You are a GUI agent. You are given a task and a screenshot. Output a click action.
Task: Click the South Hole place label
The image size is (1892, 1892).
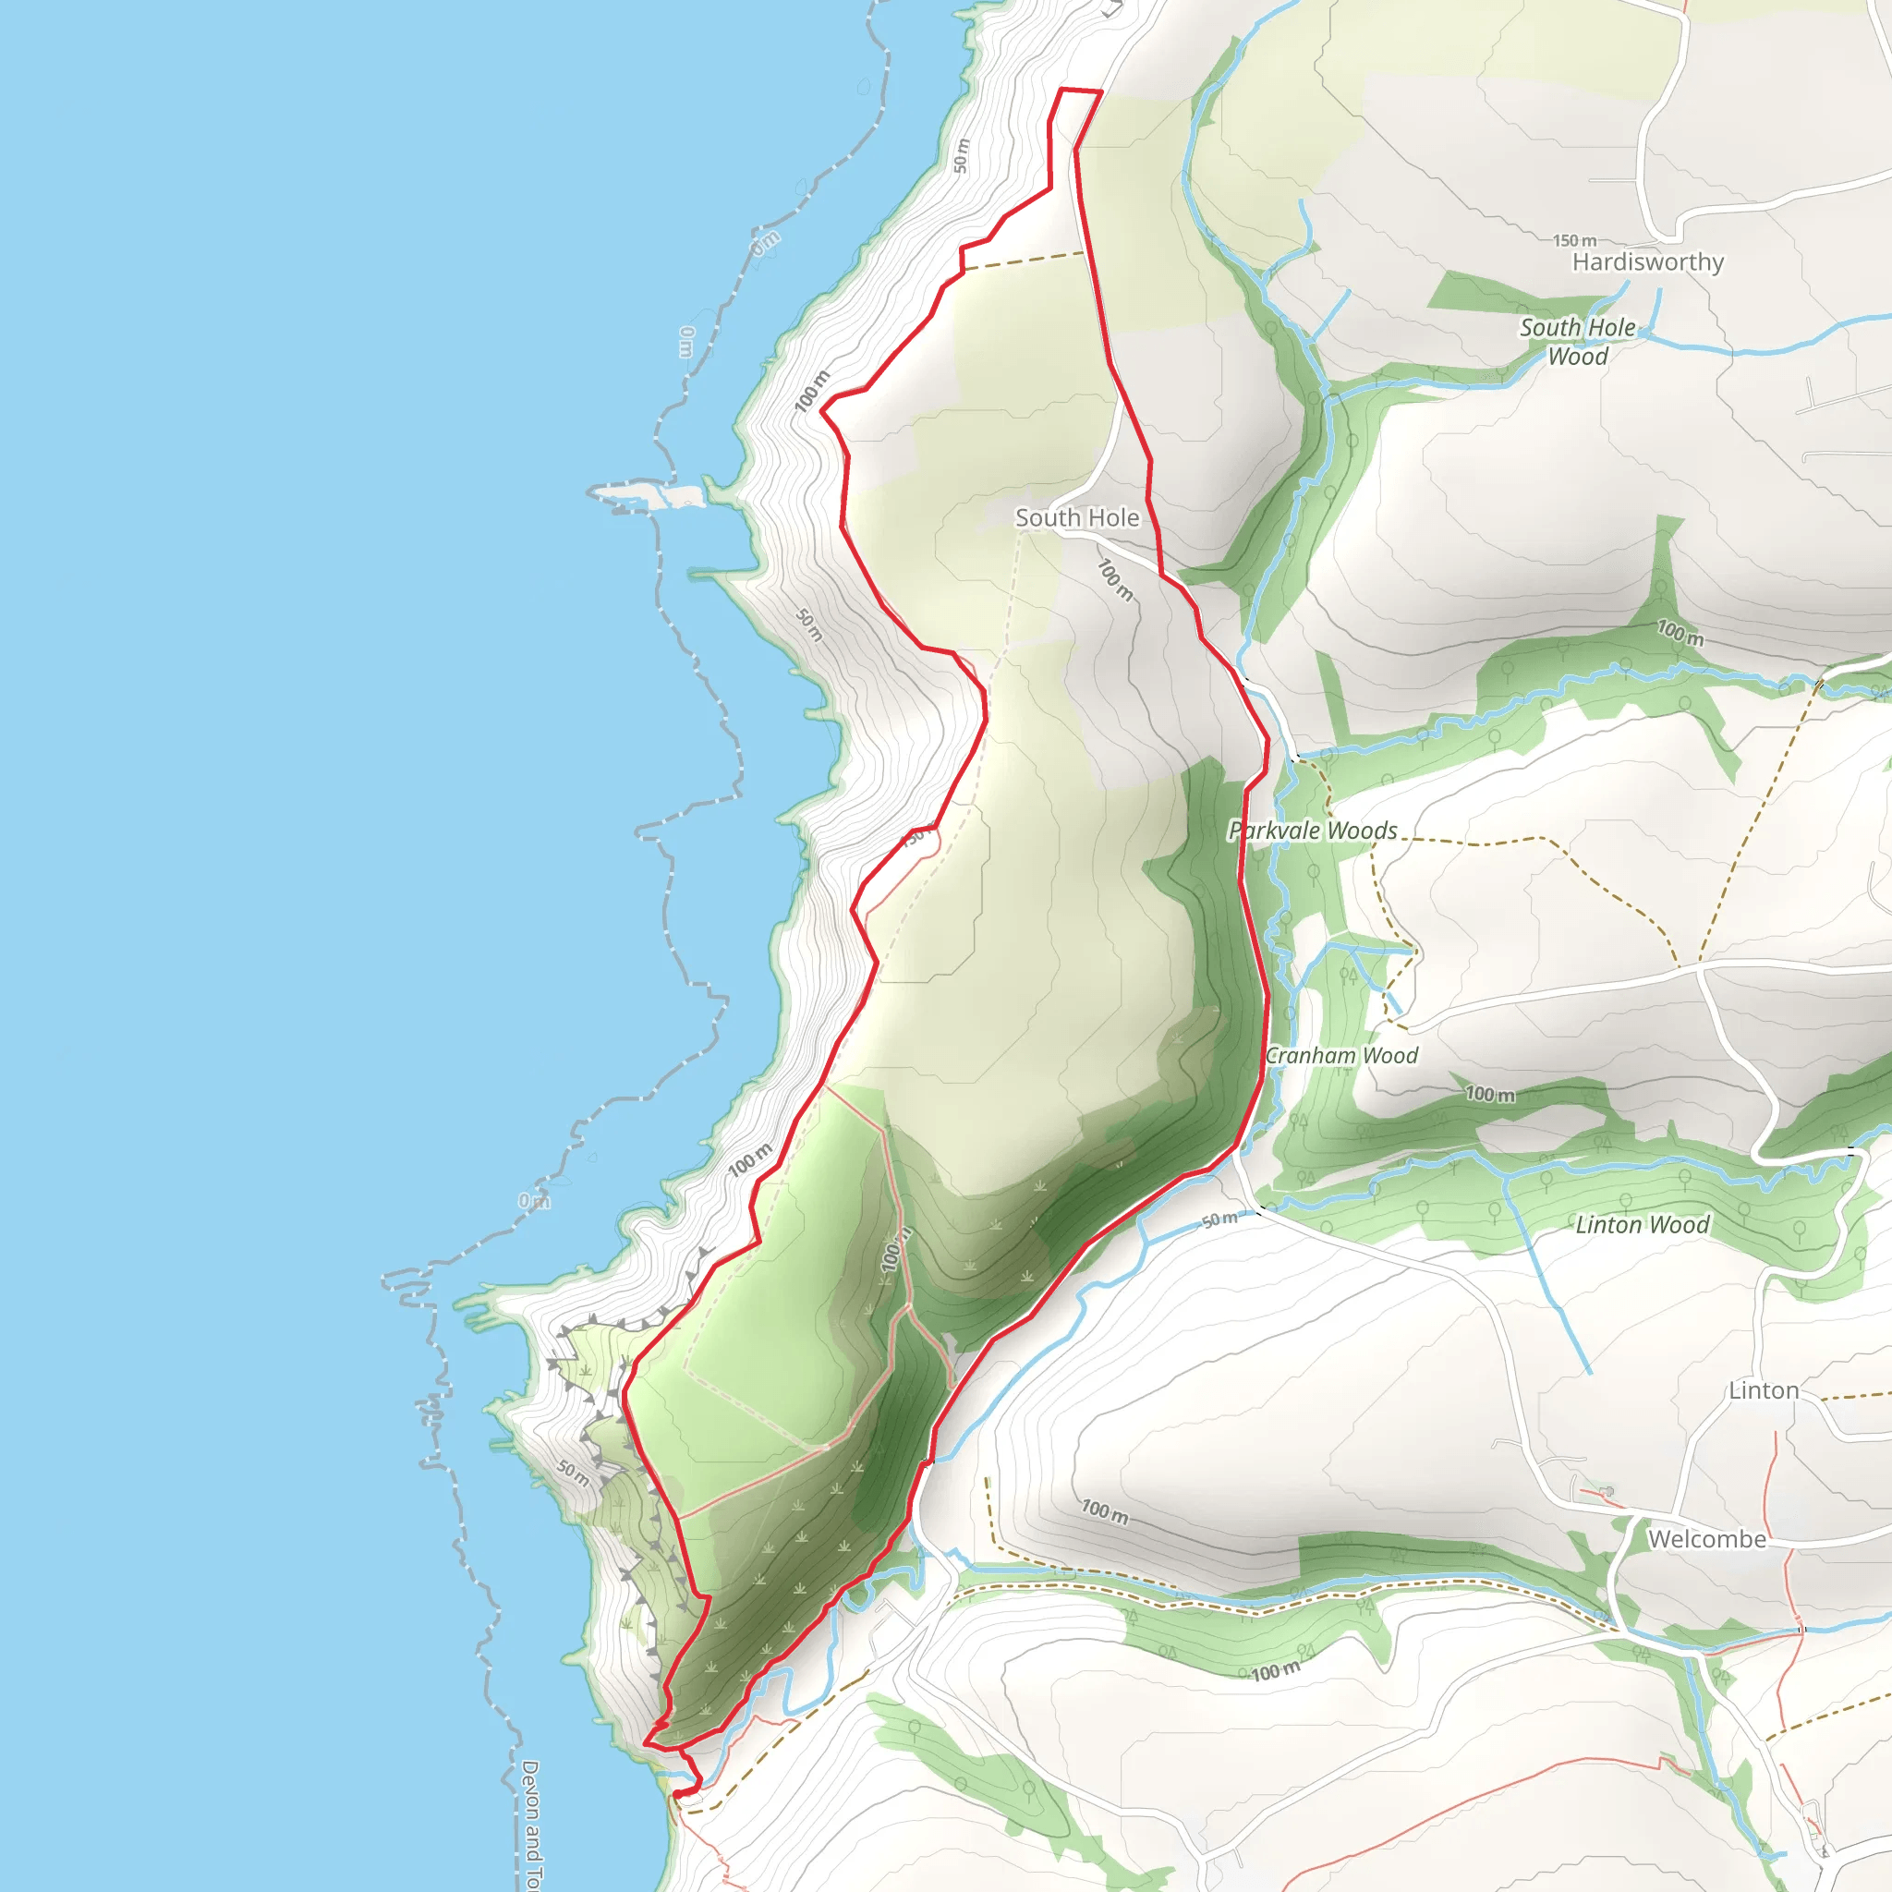coord(1076,517)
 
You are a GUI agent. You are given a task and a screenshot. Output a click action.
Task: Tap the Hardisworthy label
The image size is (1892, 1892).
coord(1647,261)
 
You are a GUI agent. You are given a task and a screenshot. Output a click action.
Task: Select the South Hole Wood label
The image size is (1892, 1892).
coord(1577,341)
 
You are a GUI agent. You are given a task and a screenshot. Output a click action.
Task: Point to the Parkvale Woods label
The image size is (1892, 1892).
coord(1312,831)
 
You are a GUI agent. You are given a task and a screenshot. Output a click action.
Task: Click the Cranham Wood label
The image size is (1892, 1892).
coord(1340,1055)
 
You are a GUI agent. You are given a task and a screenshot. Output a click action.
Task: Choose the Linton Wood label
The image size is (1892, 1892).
coord(1642,1224)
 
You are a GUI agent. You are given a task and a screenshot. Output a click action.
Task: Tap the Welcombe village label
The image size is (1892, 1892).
coord(1706,1538)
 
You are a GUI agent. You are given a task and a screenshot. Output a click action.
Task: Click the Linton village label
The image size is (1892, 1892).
coord(1763,1389)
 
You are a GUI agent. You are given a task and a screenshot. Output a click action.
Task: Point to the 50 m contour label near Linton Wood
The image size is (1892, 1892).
coord(1219,1219)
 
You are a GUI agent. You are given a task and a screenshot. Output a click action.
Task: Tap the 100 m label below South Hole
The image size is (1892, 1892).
coord(1114,580)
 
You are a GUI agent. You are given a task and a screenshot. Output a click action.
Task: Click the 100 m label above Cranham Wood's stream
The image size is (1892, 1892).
coord(1488,1094)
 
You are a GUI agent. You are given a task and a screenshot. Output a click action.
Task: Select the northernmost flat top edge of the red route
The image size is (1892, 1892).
coord(1081,91)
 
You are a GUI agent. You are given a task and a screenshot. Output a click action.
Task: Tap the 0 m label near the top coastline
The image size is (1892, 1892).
coord(766,242)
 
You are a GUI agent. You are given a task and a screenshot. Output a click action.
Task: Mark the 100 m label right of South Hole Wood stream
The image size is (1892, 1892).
coord(1680,633)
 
